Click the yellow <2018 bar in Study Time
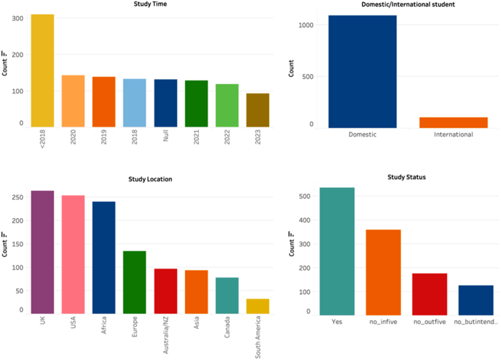point(42,70)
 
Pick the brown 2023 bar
point(257,110)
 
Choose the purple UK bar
point(42,252)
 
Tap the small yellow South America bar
point(257,307)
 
